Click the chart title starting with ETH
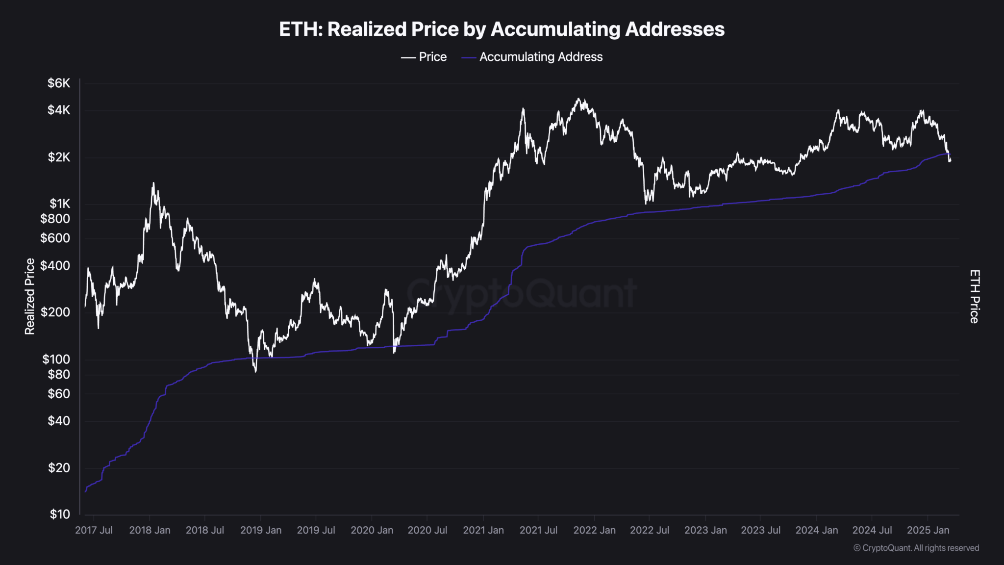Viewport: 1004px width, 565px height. coord(502,29)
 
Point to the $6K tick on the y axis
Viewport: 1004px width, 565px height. coord(59,83)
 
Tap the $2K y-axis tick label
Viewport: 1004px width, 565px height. coord(59,157)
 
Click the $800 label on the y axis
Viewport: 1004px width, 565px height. coord(55,219)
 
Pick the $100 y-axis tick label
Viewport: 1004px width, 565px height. coord(56,360)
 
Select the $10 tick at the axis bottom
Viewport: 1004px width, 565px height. coord(60,514)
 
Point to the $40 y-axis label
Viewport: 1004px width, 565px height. coord(59,421)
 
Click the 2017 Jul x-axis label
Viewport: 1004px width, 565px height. coord(94,530)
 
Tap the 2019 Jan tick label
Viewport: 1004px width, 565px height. coord(261,530)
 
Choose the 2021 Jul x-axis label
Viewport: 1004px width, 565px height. coord(538,530)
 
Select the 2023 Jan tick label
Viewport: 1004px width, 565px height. coord(705,530)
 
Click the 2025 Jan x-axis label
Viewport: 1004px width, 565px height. coord(928,530)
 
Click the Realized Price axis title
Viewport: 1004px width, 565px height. coord(30,297)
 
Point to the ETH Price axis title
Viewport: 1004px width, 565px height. coord(975,297)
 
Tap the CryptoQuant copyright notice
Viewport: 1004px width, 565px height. coord(916,548)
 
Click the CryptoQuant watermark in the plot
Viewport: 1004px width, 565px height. coord(522,294)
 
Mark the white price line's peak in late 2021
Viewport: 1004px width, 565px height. coord(579,99)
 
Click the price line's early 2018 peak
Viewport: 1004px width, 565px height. coord(153,183)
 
